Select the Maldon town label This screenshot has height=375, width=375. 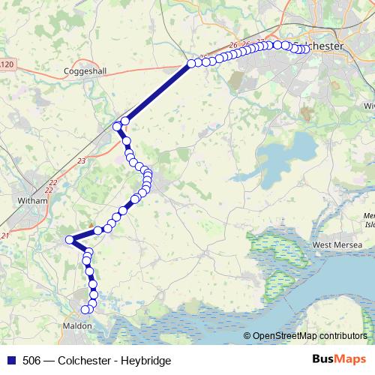(78, 326)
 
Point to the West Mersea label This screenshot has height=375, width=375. (337, 245)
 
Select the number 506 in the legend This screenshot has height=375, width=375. (31, 361)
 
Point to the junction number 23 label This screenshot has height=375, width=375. (82, 160)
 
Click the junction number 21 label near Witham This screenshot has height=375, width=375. (5, 236)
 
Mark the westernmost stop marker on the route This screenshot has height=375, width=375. (70, 239)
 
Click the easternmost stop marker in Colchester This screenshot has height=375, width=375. (306, 49)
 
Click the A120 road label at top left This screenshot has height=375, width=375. (6, 65)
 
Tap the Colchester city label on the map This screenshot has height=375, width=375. (322, 46)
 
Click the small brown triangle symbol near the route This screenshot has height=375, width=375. (91, 223)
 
